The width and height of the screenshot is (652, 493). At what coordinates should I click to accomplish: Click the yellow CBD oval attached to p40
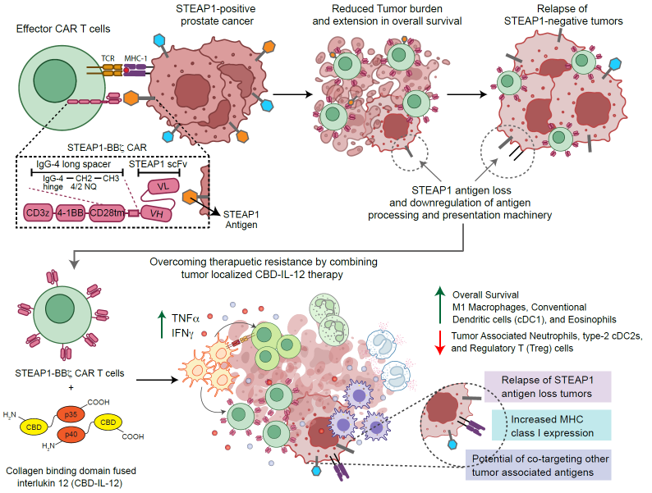click(x=107, y=422)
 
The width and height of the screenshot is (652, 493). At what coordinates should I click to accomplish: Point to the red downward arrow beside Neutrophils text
click(x=440, y=343)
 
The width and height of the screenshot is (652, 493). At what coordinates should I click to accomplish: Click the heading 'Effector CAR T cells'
click(x=62, y=29)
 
